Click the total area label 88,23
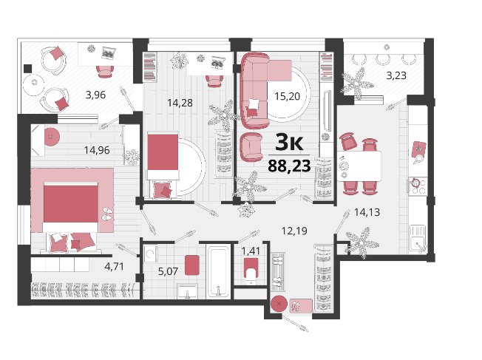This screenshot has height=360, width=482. click(289, 166)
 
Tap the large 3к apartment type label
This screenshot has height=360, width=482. click(289, 142)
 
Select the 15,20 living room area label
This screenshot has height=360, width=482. click(287, 96)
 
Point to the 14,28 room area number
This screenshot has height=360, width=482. click(180, 103)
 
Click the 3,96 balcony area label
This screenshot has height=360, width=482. click(95, 95)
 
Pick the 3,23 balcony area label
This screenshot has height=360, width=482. click(396, 75)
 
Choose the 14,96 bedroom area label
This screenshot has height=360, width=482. click(97, 150)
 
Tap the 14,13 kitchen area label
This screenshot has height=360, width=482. click(367, 212)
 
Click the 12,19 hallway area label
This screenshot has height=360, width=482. click(294, 231)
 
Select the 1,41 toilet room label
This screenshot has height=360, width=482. click(251, 251)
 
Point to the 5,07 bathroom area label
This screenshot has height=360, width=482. click(168, 271)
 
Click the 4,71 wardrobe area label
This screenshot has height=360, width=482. click(115, 266)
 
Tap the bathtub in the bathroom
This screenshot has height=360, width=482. click(219, 271)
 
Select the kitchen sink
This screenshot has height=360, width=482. click(418, 239)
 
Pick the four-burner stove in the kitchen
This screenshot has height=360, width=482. click(418, 186)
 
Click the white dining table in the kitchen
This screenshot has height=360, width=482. click(359, 166)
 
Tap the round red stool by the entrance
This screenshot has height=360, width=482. click(279, 304)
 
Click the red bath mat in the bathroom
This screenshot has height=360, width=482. click(192, 265)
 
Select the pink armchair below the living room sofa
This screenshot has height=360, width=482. click(251, 147)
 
